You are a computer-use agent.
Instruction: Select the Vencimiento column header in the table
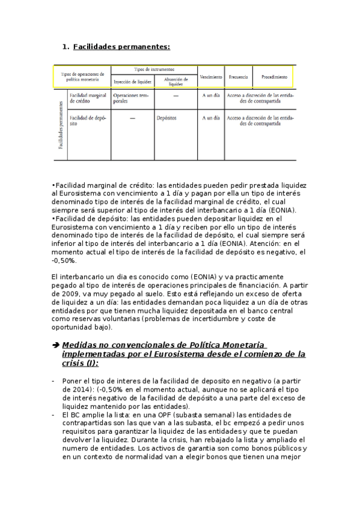pyautogui.click(x=210, y=77)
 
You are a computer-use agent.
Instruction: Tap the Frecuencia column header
pyautogui.click(x=239, y=77)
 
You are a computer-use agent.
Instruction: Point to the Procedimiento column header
pyautogui.click(x=274, y=77)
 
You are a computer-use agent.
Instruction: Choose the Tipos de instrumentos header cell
pyautogui.click(x=154, y=69)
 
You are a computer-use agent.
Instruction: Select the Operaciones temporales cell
pyautogui.click(x=130, y=99)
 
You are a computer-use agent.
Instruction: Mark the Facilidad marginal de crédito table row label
pyautogui.click(x=88, y=99)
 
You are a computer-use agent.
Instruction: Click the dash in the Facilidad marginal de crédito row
pyautogui.click(x=175, y=96)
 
